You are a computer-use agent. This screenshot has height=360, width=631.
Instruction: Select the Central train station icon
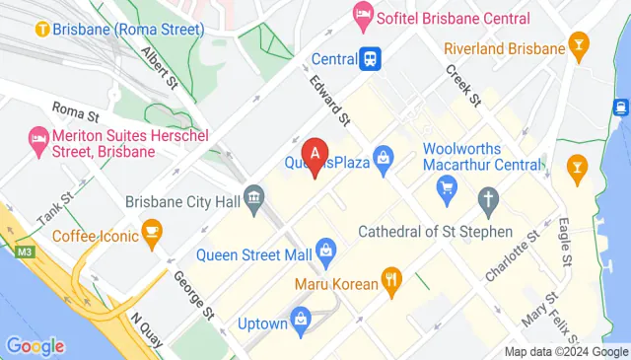point(371,58)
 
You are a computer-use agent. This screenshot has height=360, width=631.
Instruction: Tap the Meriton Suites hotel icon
point(38,135)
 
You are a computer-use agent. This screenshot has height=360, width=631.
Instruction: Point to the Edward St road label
point(330,101)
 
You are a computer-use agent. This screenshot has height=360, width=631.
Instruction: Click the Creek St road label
point(461,86)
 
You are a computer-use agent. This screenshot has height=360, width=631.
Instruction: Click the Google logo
point(35,346)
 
